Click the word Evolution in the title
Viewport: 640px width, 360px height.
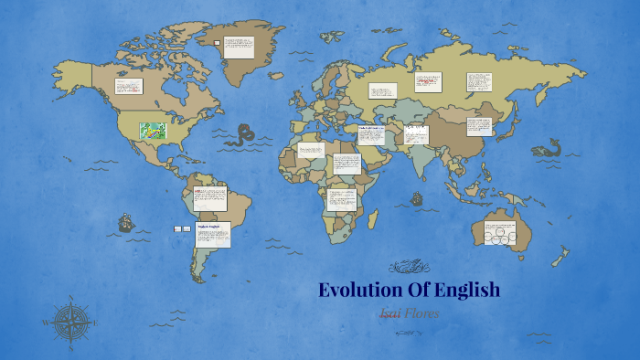pos(361,291)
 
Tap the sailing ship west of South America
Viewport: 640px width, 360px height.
pos(125,222)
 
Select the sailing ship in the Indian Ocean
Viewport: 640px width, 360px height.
pos(417,197)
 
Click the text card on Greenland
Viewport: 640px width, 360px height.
pos(239,48)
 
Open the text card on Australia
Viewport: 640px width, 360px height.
pos(502,233)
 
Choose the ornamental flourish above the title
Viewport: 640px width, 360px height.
pos(408,268)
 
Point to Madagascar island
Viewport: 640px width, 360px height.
pos(374,218)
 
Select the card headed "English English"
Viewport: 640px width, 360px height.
pos(212,235)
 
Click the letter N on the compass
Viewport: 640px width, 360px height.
pos(70,299)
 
